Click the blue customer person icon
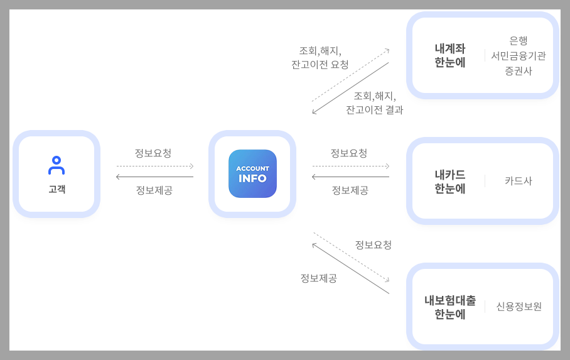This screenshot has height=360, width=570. [x=56, y=165]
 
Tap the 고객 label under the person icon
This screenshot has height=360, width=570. [x=56, y=188]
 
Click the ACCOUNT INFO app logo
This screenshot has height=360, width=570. [x=252, y=173]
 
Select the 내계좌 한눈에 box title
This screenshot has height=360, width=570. [x=450, y=55]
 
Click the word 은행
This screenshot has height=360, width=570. [x=519, y=41]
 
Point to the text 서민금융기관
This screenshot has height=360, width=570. [x=519, y=56]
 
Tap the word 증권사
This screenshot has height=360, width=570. [x=519, y=71]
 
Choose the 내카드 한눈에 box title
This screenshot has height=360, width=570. [x=450, y=181]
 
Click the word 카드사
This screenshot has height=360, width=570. [x=519, y=181]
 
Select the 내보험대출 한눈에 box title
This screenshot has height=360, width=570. [x=450, y=307]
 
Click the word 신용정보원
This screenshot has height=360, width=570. [x=519, y=307]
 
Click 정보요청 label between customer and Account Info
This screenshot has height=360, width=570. [x=153, y=153]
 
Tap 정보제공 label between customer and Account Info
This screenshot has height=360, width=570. [x=154, y=190]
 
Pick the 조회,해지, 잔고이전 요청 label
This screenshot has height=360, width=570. [x=320, y=57]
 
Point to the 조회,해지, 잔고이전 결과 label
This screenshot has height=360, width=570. [x=375, y=102]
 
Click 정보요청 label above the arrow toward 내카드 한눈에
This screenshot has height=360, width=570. [x=349, y=153]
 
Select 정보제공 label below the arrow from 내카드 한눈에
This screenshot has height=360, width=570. [x=350, y=190]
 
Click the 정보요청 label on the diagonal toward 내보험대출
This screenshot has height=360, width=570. [x=374, y=244]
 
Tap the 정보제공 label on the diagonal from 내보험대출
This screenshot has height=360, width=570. [x=319, y=278]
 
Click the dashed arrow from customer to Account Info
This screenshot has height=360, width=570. [x=154, y=166]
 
